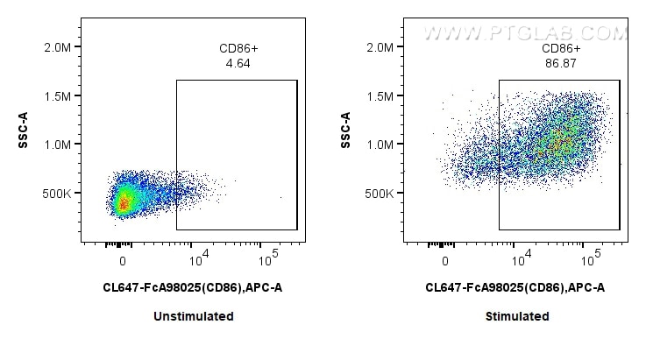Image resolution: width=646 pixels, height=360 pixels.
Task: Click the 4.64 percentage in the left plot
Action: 236,63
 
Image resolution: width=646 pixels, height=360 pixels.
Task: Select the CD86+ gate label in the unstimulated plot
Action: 236,49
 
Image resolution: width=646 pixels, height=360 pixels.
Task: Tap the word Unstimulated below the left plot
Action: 192,316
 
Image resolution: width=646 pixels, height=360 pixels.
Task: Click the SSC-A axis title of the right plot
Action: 346,130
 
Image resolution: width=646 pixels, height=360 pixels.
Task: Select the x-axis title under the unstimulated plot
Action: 192,287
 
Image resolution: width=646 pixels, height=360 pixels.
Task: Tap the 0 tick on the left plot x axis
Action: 123,262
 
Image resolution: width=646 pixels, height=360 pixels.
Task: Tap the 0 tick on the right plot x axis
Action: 445,262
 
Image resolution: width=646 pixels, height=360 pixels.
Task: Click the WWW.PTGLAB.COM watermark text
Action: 526,33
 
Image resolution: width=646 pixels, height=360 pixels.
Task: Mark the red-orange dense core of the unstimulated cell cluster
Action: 124,203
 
